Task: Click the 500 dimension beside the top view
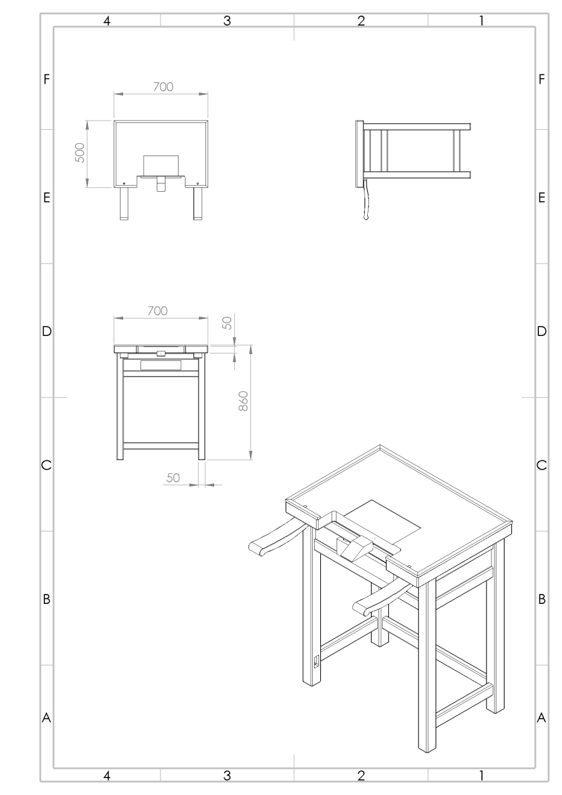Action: tap(81, 153)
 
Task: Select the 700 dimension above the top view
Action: tap(163, 87)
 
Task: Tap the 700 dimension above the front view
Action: tap(157, 311)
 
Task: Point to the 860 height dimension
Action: tap(244, 401)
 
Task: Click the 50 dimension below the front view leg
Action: tap(173, 478)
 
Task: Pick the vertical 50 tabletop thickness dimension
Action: tap(227, 323)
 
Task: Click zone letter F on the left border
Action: tap(46, 79)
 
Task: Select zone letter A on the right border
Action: tap(541, 718)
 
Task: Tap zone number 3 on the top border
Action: tap(227, 21)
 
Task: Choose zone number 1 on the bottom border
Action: tap(481, 776)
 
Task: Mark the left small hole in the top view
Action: tap(124, 184)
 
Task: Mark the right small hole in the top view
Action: tap(197, 184)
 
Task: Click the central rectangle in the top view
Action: tap(160, 165)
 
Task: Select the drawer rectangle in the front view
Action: tap(160, 365)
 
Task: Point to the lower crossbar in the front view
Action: tap(160, 446)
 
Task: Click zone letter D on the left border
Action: tap(46, 331)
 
